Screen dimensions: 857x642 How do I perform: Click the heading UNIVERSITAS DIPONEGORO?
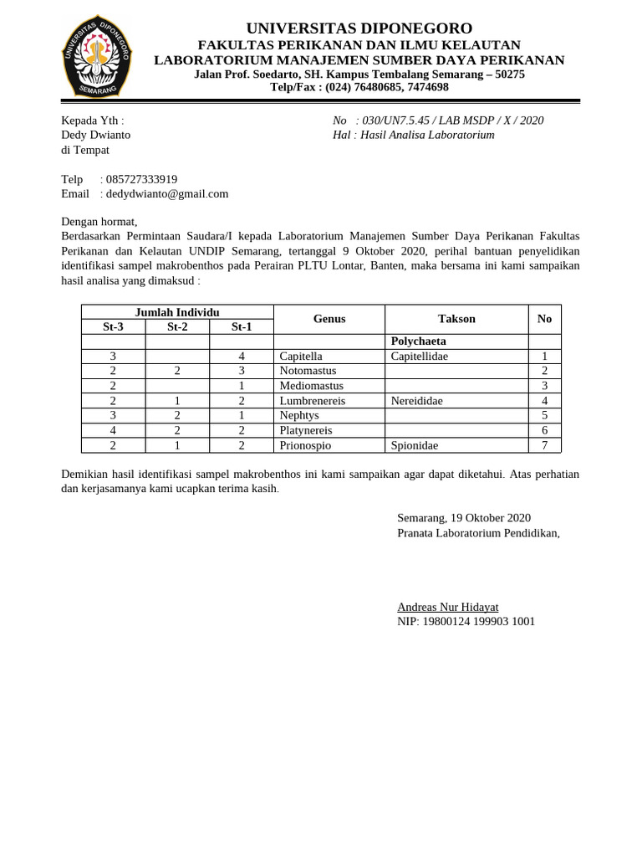(x=359, y=28)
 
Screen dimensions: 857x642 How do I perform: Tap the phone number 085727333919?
(x=141, y=179)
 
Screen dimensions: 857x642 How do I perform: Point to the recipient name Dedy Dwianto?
(x=95, y=135)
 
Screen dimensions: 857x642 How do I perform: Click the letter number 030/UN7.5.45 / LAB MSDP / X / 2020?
(x=452, y=121)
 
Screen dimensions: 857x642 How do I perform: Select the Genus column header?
(x=329, y=319)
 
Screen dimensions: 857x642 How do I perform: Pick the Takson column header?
(x=456, y=319)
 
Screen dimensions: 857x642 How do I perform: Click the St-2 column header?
(x=177, y=326)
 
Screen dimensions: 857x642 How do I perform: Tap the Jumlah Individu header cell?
(x=177, y=312)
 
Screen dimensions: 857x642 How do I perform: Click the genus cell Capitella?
(x=301, y=356)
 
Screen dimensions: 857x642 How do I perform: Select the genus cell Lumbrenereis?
(x=312, y=401)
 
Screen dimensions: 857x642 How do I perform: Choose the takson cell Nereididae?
(x=416, y=401)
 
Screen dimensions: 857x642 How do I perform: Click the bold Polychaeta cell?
(x=418, y=341)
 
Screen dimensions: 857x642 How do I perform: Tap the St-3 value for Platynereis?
(x=113, y=430)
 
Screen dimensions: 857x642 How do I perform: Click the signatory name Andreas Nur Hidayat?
(x=447, y=607)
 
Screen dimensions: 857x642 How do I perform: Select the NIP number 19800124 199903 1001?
(x=466, y=621)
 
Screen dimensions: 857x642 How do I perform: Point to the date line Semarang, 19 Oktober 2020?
(x=463, y=518)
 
